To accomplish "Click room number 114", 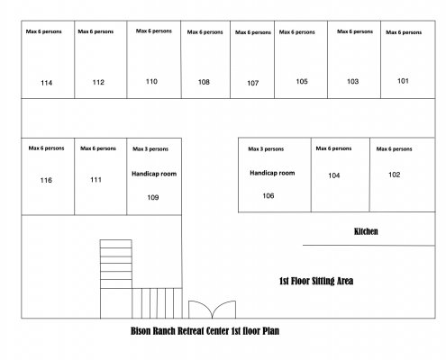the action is click(x=47, y=83).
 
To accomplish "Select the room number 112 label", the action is click(x=98, y=82).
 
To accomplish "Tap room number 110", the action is click(x=151, y=81).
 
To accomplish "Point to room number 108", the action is click(x=204, y=82).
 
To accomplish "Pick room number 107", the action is click(x=253, y=83).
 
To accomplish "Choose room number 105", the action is click(x=302, y=81).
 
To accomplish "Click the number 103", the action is click(x=353, y=81).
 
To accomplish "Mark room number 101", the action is click(x=403, y=81).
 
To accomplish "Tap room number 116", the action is click(x=46, y=180).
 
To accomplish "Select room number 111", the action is click(x=96, y=180).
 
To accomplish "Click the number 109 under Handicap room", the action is click(x=153, y=197).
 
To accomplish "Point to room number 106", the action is click(x=269, y=196).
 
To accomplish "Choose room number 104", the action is click(x=334, y=175).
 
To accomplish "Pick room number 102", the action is click(x=395, y=175).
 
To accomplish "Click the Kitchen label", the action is click(x=366, y=231).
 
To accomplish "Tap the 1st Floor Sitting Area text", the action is click(x=316, y=281).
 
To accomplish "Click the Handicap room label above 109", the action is click(x=154, y=174).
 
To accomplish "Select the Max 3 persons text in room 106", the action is click(x=266, y=148).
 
